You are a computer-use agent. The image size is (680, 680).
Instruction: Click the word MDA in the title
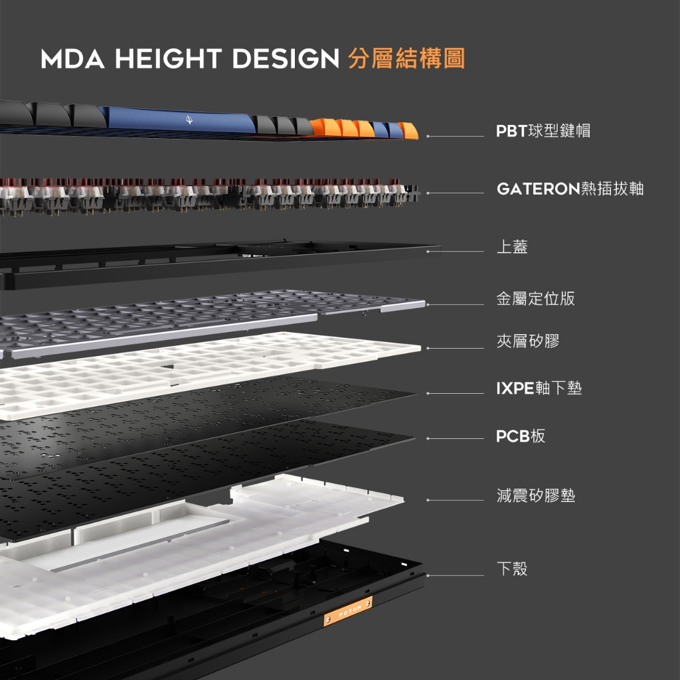(73, 58)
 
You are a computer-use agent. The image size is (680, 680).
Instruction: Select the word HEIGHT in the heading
(169, 58)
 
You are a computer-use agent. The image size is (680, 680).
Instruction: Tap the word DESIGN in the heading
(286, 58)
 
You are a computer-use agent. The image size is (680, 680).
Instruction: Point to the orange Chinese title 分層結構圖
(407, 58)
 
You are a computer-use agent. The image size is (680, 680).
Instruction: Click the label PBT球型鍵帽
(543, 131)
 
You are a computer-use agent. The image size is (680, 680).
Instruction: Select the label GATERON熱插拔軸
(570, 189)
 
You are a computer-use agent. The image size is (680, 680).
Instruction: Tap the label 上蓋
(512, 246)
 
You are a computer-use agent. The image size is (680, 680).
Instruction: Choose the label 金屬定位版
(536, 298)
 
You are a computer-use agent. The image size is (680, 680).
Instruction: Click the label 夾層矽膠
(528, 341)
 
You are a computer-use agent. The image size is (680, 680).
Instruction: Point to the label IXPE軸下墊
(539, 388)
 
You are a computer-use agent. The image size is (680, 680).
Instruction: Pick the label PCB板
(521, 436)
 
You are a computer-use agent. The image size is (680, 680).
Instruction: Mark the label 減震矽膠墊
(536, 495)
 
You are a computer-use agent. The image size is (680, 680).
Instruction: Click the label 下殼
(512, 568)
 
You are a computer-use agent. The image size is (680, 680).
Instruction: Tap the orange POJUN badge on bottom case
(348, 612)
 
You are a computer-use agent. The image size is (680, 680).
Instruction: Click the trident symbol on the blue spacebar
(189, 120)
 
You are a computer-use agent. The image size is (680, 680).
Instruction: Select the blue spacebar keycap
(178, 120)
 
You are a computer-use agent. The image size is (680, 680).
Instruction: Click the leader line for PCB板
(456, 438)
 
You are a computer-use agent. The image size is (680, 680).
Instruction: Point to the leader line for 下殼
(456, 576)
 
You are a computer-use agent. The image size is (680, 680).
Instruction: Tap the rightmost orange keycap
(408, 131)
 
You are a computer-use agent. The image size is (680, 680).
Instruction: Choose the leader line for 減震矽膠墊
(456, 500)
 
